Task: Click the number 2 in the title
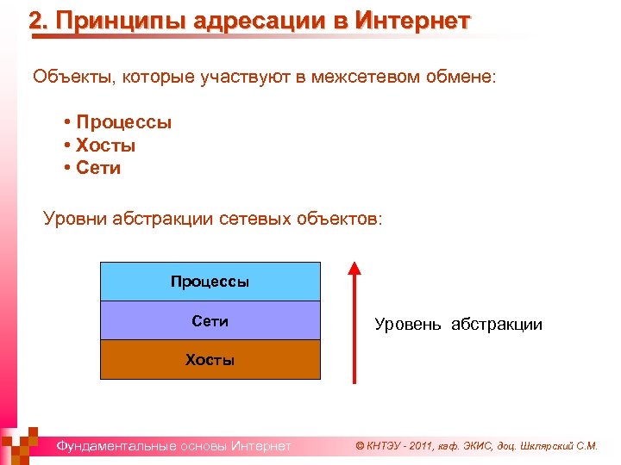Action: [x=35, y=21]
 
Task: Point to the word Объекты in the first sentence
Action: [x=66, y=77]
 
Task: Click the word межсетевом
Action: [x=380, y=77]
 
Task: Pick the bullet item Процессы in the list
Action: [x=123, y=122]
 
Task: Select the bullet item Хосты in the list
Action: [x=105, y=146]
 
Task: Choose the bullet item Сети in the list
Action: [x=98, y=168]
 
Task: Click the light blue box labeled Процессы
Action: [x=210, y=282]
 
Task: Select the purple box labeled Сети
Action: [x=210, y=321]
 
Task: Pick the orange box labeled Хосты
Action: [x=210, y=360]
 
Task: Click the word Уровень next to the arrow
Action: [x=408, y=325]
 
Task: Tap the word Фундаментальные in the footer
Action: [x=115, y=446]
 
